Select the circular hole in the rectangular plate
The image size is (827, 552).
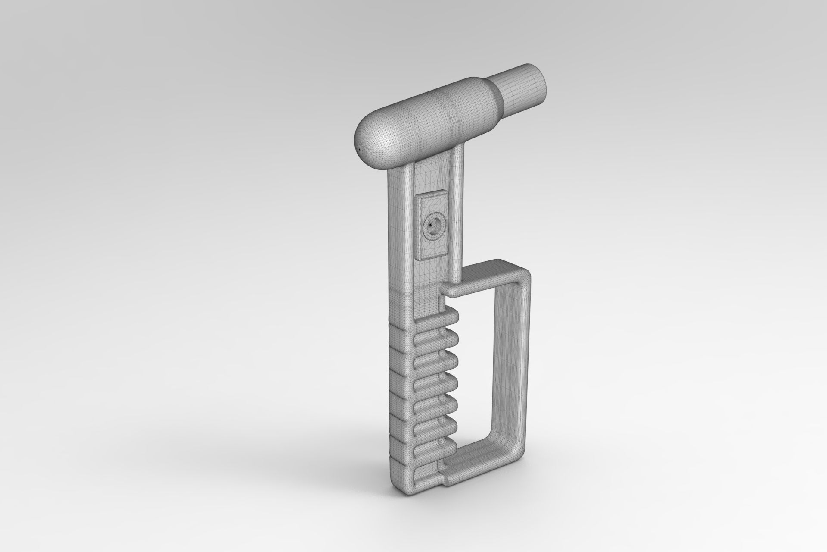click(432, 224)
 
